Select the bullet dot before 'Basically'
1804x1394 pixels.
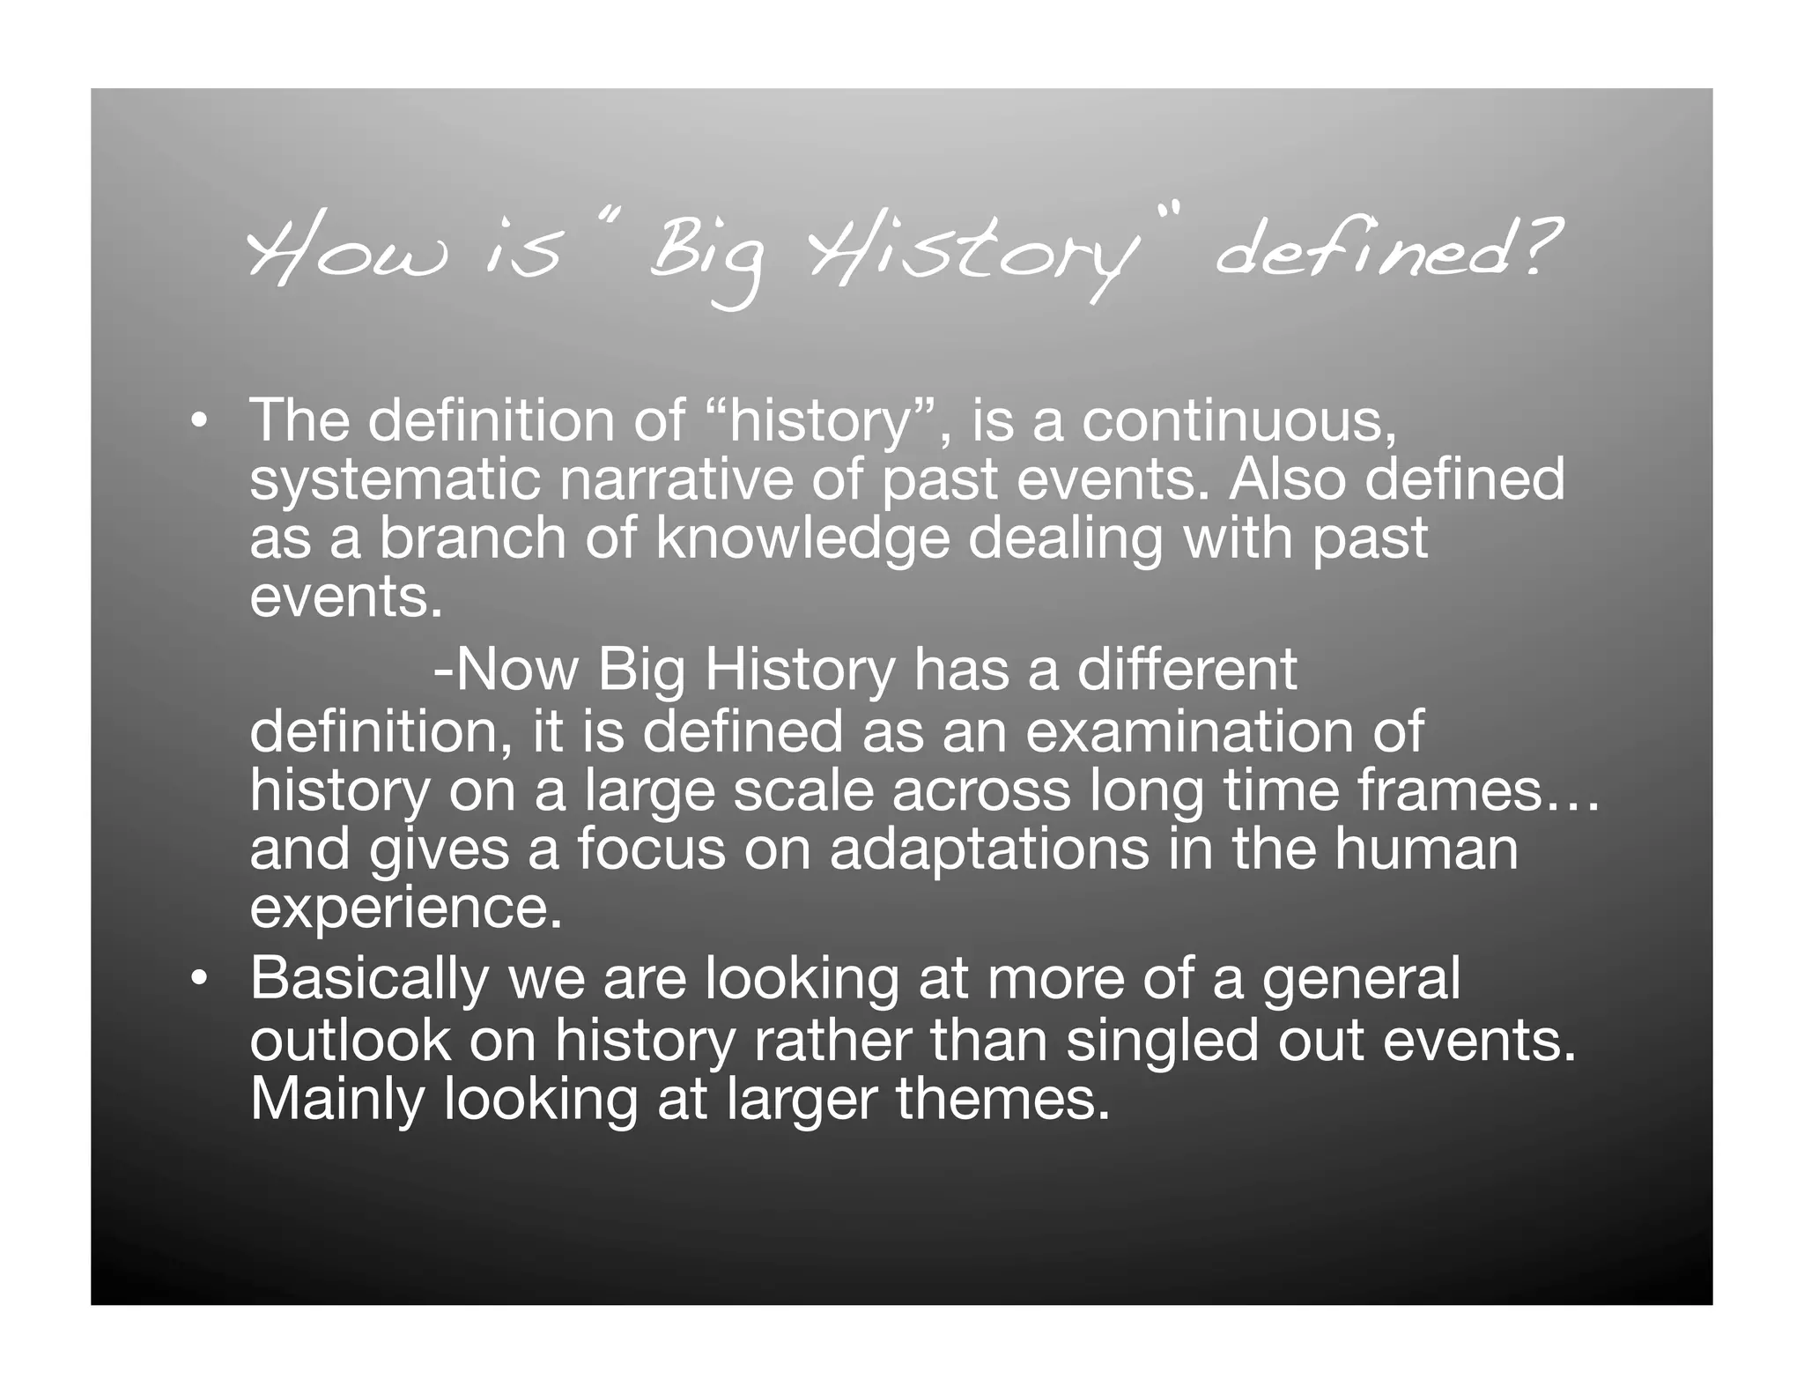pyautogui.click(x=200, y=978)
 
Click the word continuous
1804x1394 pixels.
pyautogui.click(x=1238, y=420)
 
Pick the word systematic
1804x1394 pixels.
pyautogui.click(x=393, y=480)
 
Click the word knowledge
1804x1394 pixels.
pyautogui.click(x=802, y=538)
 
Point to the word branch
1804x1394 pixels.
pyautogui.click(x=472, y=538)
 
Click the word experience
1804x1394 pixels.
pyautogui.click(x=405, y=908)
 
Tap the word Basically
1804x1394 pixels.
pyautogui.click(x=369, y=978)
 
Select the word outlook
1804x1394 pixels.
pyautogui.click(x=350, y=1042)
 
